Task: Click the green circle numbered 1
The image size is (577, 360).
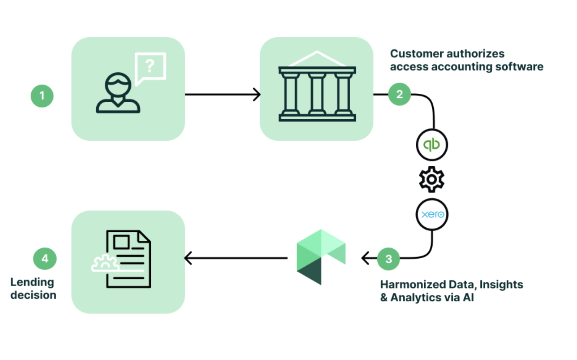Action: coord(42,95)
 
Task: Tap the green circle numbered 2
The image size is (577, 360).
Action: coord(399,94)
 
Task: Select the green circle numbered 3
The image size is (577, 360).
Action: coord(389,258)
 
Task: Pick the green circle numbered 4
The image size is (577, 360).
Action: coord(45,258)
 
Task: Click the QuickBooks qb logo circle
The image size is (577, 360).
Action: coord(432,145)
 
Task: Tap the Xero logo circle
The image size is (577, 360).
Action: coord(432,215)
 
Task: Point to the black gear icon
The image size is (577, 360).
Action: coord(432,180)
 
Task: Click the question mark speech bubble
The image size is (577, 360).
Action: coord(150,66)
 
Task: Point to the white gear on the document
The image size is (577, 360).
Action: coord(103,263)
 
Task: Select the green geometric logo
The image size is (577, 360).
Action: coord(321,257)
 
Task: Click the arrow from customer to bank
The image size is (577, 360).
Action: coord(222,95)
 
